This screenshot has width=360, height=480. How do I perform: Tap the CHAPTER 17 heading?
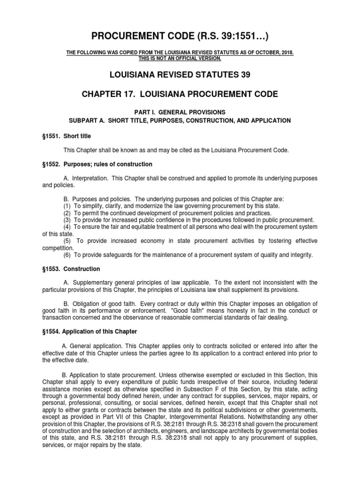click(180, 94)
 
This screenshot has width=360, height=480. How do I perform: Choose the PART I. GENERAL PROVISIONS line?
click(180, 112)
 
